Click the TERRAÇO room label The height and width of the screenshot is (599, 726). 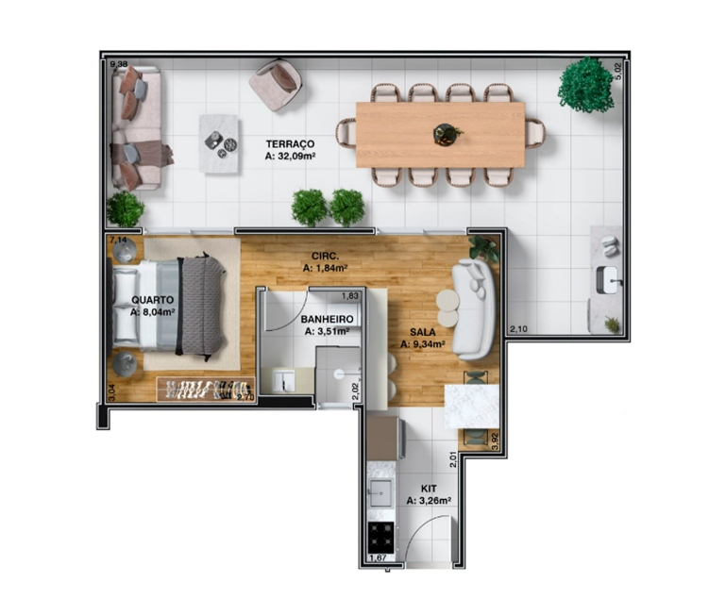pyautogui.click(x=290, y=144)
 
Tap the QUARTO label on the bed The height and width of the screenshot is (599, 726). pyautogui.click(x=152, y=300)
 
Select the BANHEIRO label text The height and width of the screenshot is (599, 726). pyautogui.click(x=327, y=319)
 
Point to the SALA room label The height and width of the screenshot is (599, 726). pyautogui.click(x=423, y=332)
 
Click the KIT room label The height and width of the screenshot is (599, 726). pyautogui.click(x=429, y=489)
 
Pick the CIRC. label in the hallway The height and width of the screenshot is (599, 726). pyautogui.click(x=326, y=256)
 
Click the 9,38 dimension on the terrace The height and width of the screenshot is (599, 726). pyautogui.click(x=119, y=64)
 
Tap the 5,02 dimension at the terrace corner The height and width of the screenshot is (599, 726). pyautogui.click(x=620, y=71)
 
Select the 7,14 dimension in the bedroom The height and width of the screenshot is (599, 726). pyautogui.click(x=118, y=240)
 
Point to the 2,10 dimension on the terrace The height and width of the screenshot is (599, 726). pyautogui.click(x=518, y=329)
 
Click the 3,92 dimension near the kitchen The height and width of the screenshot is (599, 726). pyautogui.click(x=495, y=441)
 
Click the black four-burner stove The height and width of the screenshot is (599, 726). pyautogui.click(x=380, y=538)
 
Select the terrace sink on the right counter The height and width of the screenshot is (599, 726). pyautogui.click(x=607, y=280)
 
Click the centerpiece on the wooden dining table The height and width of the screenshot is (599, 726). pyautogui.click(x=447, y=134)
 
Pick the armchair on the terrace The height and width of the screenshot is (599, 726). pyautogui.click(x=276, y=85)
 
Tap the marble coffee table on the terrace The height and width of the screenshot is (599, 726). pyautogui.click(x=219, y=143)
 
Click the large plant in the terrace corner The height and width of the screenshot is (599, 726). pyautogui.click(x=585, y=85)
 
